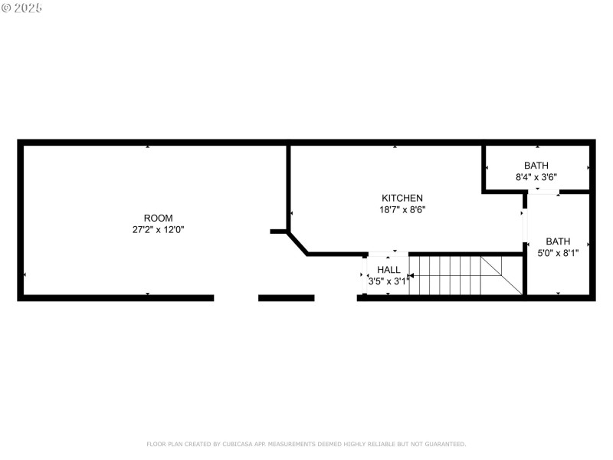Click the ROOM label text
(159, 217)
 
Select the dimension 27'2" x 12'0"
(159, 228)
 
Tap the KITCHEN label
(402, 198)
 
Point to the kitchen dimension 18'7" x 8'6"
(402, 209)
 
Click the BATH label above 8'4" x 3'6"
(536, 165)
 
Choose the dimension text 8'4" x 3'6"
(536, 176)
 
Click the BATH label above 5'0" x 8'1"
(558, 240)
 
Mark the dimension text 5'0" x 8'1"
(558, 251)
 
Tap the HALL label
(388, 270)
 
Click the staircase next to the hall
(444, 275)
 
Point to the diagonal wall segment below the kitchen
(297, 242)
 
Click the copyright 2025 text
(22, 8)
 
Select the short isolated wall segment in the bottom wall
(286, 297)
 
